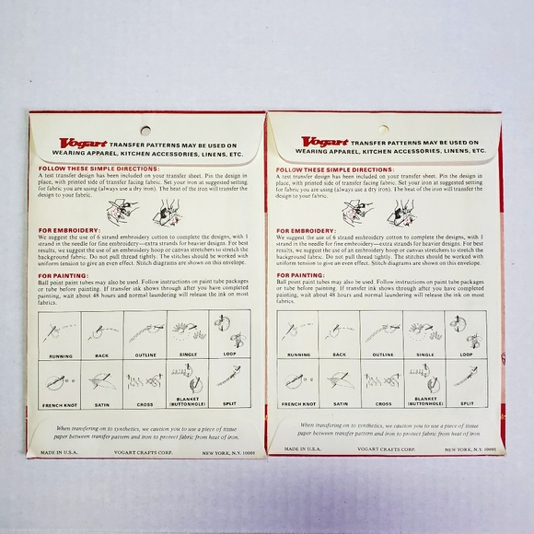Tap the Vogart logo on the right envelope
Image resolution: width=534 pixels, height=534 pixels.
pos(318,144)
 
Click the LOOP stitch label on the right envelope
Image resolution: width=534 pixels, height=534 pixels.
pos(466,354)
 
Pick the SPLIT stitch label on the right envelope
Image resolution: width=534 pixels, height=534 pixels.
pos(466,402)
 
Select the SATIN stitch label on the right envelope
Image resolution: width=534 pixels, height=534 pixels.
pos(340,402)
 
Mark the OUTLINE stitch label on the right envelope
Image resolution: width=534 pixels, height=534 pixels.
pos(383,354)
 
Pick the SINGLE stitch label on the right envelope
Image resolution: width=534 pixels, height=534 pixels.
pos(424,354)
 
